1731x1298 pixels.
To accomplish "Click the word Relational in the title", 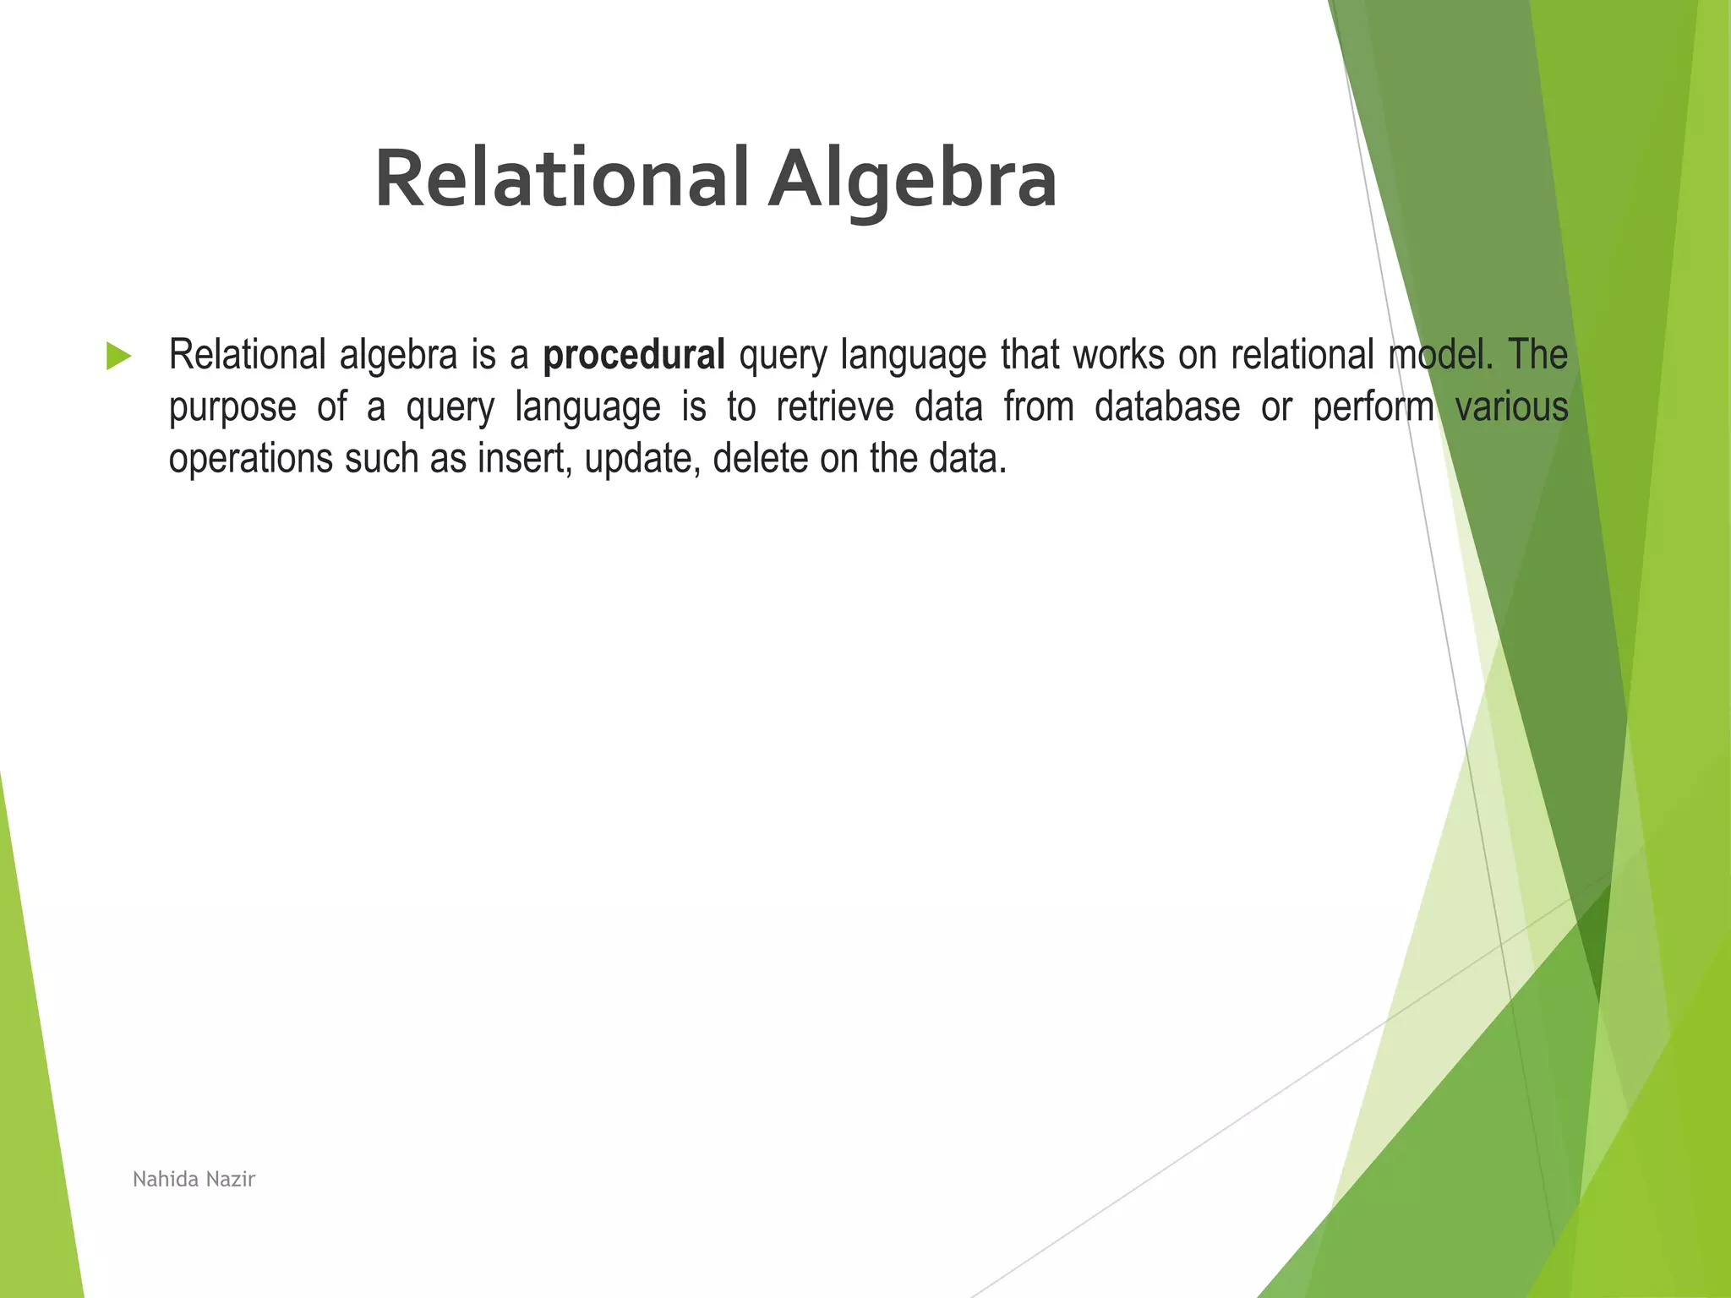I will coord(561,179).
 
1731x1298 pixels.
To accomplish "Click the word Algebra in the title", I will coord(912,179).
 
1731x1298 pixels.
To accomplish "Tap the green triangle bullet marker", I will coord(118,356).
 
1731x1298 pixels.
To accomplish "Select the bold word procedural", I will coord(633,355).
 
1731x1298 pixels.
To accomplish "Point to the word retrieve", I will coord(834,406).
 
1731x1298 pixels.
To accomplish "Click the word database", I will coord(1166,406).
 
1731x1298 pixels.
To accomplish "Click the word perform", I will coord(1373,406).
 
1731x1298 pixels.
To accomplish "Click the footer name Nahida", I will coord(166,1179).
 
